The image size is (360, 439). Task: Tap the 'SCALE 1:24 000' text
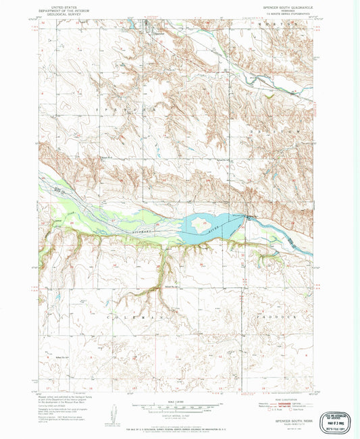click(180, 401)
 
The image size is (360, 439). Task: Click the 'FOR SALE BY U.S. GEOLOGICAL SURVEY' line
click(180, 428)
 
